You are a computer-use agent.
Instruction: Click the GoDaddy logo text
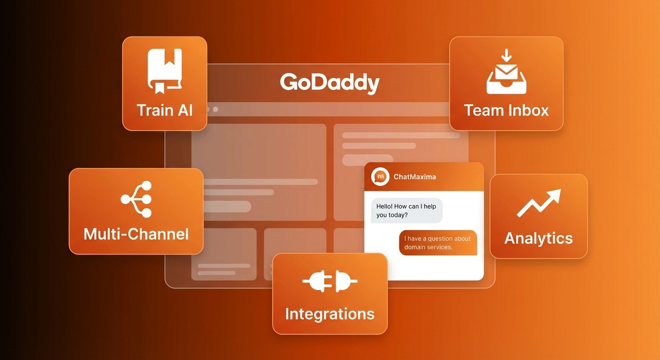tap(330, 83)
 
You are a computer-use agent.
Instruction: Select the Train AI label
tap(165, 110)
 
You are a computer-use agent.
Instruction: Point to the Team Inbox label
tap(506, 110)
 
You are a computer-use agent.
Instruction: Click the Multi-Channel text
tap(136, 233)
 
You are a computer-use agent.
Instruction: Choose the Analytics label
tap(539, 238)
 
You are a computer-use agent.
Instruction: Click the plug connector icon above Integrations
tap(330, 281)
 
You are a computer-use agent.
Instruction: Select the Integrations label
tap(330, 314)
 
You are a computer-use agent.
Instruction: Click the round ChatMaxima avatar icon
tap(380, 177)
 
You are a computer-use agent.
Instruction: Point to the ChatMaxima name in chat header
tap(414, 177)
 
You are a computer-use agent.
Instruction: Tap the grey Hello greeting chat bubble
tap(406, 210)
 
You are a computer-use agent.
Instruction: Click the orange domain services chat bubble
tap(438, 242)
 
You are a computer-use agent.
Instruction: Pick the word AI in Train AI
tap(185, 110)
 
